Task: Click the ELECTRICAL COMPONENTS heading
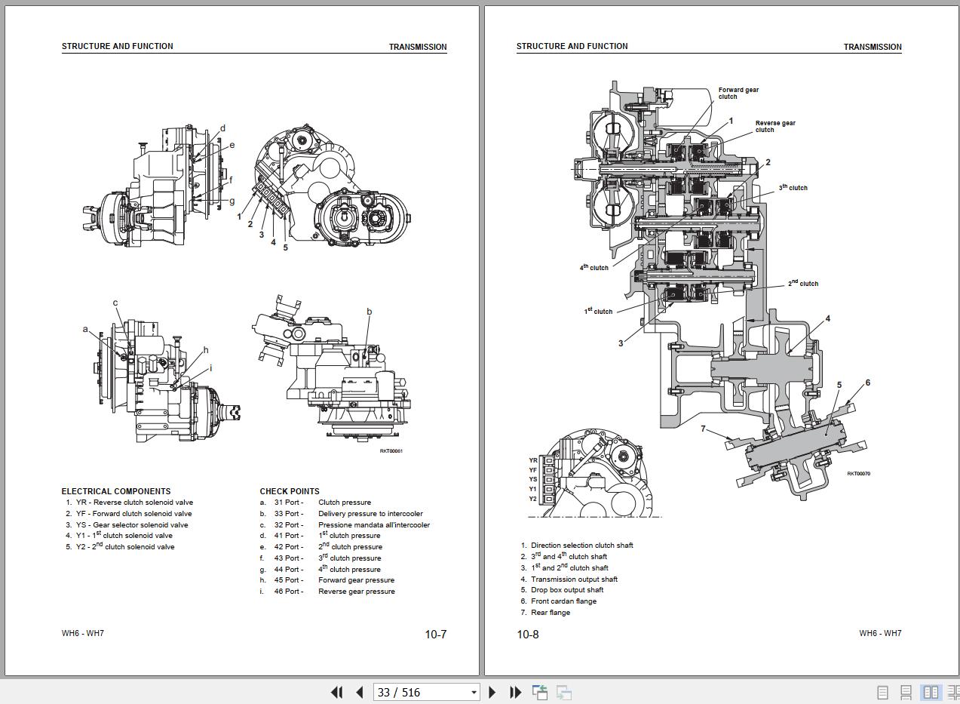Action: [x=116, y=491]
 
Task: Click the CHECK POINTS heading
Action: [x=290, y=491]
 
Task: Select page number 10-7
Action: [x=435, y=635]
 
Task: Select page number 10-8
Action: [x=528, y=635]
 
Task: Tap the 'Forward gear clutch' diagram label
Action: [x=738, y=93]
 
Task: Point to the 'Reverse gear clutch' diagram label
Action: [x=775, y=126]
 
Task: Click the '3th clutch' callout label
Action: [x=793, y=188]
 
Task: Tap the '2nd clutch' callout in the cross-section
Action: [x=803, y=284]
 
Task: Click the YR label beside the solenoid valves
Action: [x=533, y=460]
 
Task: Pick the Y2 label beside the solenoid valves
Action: [x=533, y=499]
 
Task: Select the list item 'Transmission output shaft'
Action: [x=574, y=579]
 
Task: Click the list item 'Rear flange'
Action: [x=551, y=613]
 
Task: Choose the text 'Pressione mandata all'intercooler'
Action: [x=374, y=525]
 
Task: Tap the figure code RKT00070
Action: [x=858, y=474]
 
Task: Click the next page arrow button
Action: [x=492, y=692]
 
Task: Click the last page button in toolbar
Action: [x=516, y=692]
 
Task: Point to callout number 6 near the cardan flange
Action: [x=868, y=383]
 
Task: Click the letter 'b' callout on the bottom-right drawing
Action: [x=370, y=312]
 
